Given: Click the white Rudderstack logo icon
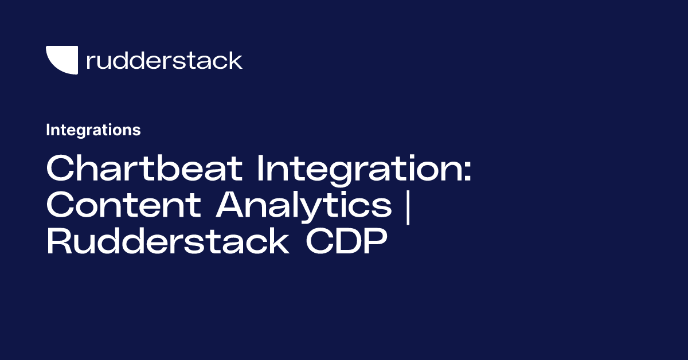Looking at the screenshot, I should [x=62, y=60].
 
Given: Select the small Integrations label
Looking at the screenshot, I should [x=93, y=130].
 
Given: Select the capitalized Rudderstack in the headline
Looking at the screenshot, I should [x=167, y=243].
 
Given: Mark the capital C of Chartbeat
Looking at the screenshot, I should [x=60, y=170].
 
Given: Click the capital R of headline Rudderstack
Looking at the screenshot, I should [x=58, y=243].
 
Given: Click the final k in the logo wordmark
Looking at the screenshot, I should [x=236, y=60].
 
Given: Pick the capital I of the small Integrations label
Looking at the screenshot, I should [x=48, y=130].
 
